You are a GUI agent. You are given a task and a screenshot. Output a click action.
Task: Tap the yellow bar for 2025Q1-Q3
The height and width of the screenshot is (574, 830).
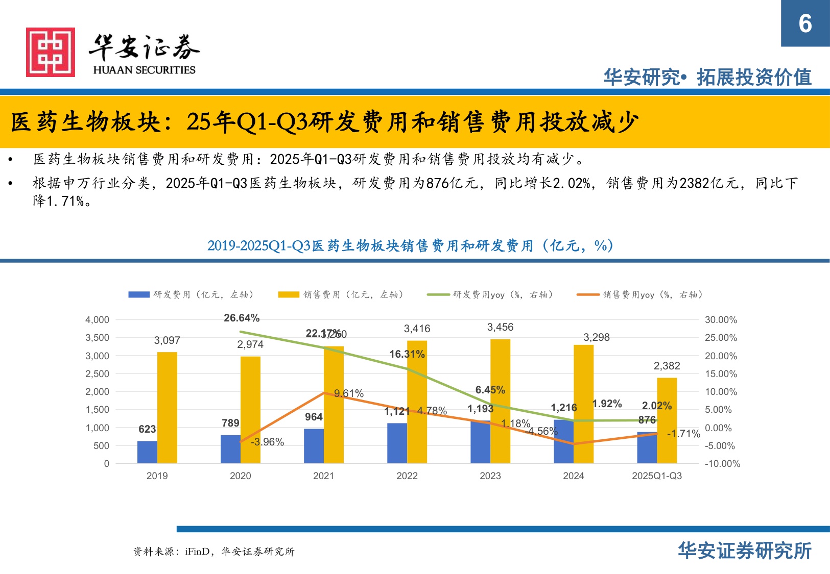667,420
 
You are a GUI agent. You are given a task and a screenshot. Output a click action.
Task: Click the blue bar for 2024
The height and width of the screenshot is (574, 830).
563,441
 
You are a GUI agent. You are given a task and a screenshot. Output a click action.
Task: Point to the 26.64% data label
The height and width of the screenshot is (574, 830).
242,318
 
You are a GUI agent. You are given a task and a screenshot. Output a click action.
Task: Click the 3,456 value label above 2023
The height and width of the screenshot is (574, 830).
500,327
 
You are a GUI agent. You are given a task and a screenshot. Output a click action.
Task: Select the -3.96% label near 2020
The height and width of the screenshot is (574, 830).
267,442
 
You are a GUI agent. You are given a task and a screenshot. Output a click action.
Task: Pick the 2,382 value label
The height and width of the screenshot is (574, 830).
667,366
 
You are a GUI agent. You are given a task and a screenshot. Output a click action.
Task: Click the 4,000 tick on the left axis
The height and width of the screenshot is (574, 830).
97,320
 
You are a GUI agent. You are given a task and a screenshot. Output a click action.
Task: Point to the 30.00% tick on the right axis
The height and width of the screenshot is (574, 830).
721,320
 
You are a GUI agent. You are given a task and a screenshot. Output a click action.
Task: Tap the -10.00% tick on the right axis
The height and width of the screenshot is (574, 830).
722,464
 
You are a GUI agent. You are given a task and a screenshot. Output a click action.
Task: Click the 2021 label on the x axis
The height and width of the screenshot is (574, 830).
323,476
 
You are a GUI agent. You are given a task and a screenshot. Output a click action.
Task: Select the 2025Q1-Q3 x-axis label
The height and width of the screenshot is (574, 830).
656,476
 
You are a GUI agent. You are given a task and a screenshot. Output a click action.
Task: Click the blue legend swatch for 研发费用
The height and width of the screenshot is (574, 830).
138,295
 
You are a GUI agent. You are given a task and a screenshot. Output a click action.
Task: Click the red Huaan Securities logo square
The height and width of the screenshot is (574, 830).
51,53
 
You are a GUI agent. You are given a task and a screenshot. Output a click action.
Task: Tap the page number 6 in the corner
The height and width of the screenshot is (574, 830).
805,23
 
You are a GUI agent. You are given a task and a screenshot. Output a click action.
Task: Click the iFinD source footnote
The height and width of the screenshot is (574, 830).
214,552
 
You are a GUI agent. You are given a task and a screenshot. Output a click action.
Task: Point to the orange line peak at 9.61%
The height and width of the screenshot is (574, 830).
324,393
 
